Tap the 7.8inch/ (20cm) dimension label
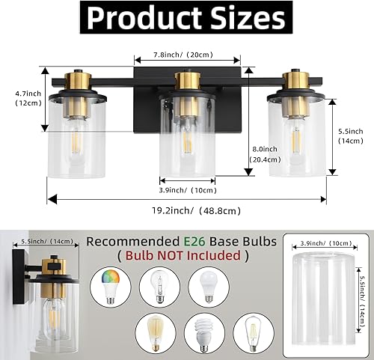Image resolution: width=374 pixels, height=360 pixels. tap(186, 54)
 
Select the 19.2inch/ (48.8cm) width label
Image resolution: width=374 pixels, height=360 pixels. tap(187, 210)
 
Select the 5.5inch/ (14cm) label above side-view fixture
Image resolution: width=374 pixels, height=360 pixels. tap(46, 241)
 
